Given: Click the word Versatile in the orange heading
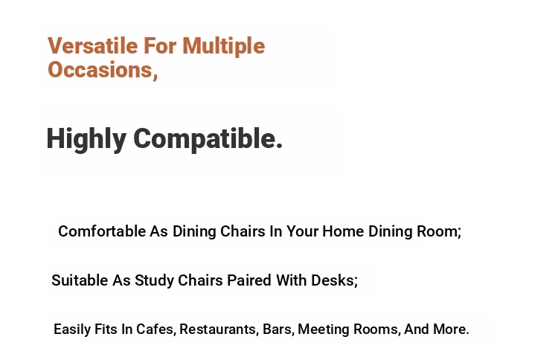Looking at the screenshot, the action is point(93,45).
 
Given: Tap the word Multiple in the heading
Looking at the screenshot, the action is point(223,47).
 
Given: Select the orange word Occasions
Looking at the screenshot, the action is point(100,69).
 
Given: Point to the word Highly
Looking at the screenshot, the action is point(86,139).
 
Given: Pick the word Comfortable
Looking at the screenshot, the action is point(102,231).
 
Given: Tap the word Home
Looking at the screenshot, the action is point(343,231).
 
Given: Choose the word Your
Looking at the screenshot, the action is point(303,231).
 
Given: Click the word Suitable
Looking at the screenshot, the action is point(80,280).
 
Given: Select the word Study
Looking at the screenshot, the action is point(155,281).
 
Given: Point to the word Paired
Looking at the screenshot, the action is point(249,280).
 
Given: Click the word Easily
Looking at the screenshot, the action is point(72,330).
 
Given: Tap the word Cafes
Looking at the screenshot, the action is point(155,329).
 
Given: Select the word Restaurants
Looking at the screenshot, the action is point(218,329).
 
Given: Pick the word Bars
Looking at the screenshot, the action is point(278,329).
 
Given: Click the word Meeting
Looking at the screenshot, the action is point(324,330).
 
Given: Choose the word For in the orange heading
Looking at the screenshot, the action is point(160,45).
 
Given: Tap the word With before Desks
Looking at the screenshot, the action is point(292,280).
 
